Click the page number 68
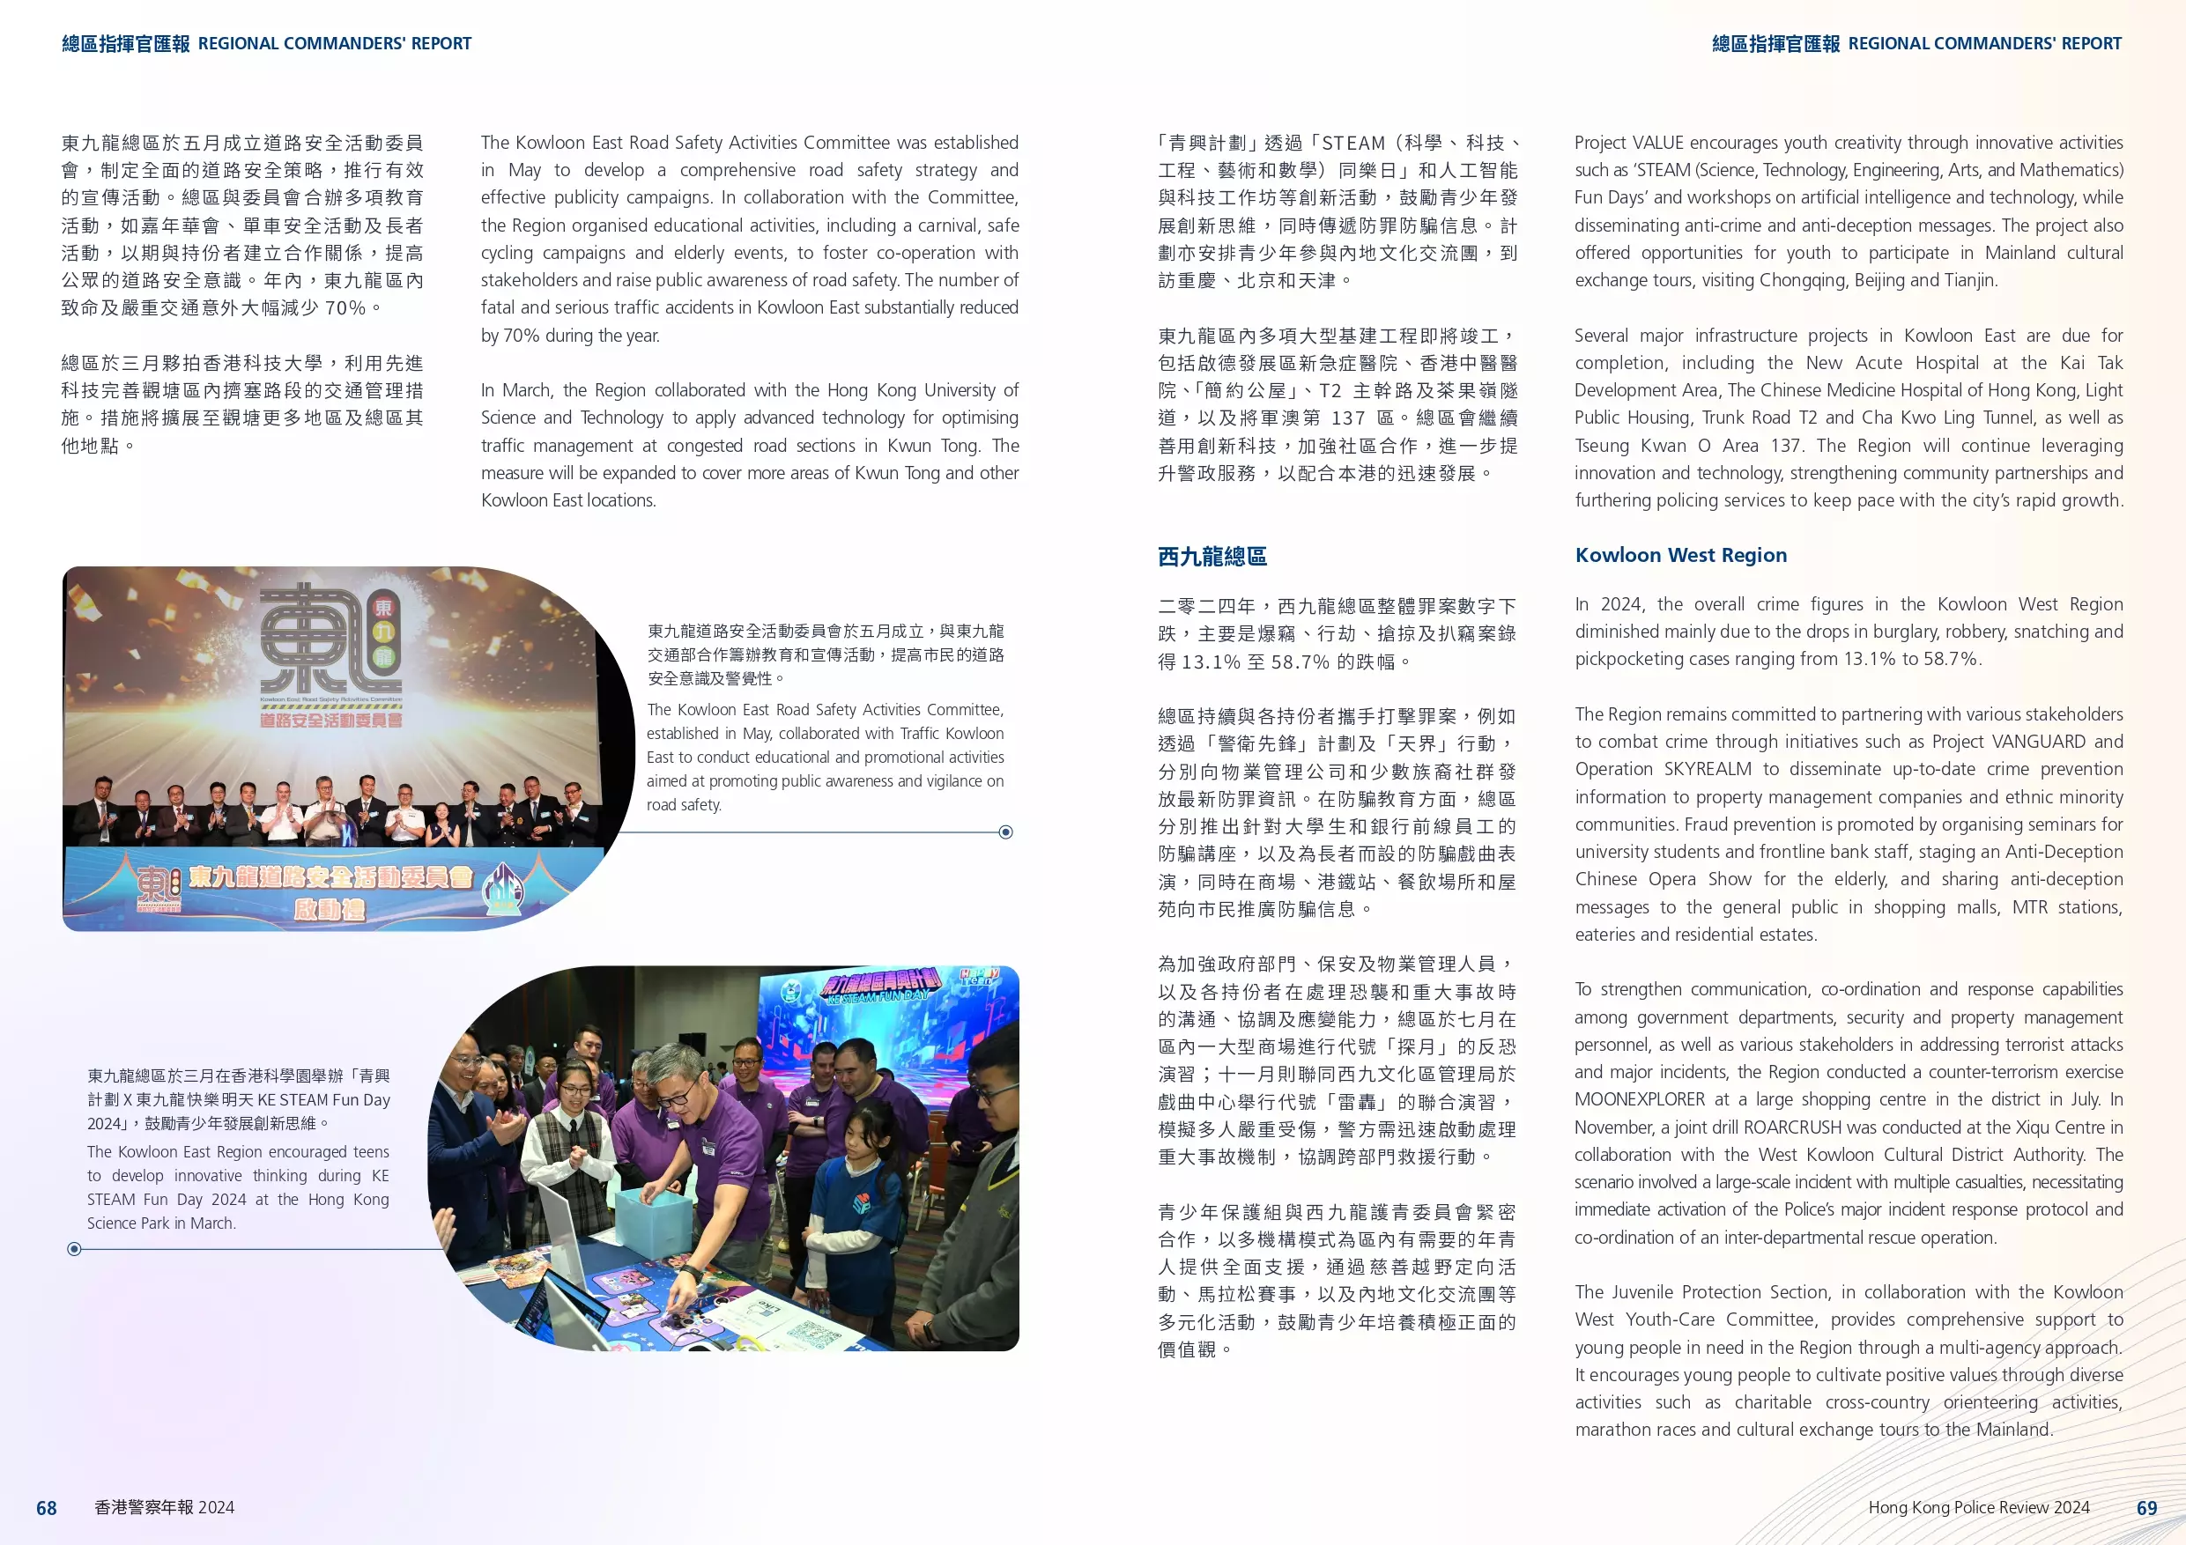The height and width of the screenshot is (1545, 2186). [x=46, y=1508]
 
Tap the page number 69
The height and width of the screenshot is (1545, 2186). [x=2146, y=1508]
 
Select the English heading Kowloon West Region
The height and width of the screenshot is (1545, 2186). [x=1680, y=555]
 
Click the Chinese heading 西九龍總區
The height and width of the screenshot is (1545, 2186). [x=1212, y=556]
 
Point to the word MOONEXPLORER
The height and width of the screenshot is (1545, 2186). [x=1639, y=1099]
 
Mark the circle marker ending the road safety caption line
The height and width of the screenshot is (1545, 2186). [x=1005, y=832]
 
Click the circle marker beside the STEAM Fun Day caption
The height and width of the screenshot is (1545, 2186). [x=74, y=1249]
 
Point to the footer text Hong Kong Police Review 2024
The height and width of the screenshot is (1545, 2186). [x=1978, y=1507]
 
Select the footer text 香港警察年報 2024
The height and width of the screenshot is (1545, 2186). [x=164, y=1507]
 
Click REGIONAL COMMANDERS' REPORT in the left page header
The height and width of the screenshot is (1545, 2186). [x=334, y=44]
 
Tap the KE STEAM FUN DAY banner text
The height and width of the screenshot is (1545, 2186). [x=877, y=995]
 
